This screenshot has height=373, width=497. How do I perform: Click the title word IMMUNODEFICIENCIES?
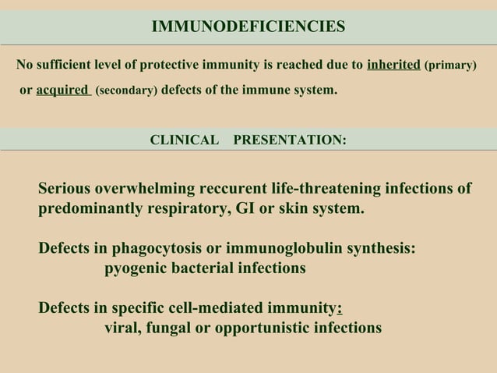(x=248, y=27)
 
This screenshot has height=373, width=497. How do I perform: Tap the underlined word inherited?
(x=393, y=65)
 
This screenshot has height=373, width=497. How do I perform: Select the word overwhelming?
(x=151, y=190)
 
